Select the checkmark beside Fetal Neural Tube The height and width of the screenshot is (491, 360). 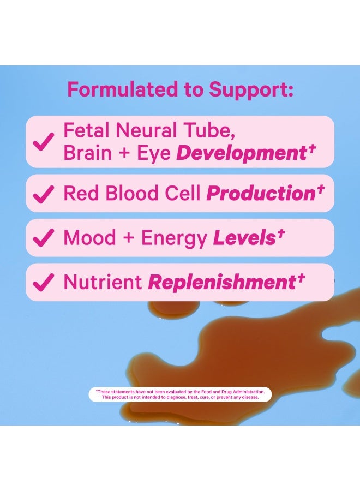(43, 142)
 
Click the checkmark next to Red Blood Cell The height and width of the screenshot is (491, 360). (43, 194)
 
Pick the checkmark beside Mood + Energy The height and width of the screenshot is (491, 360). (43, 238)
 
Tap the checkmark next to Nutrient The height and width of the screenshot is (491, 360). (43, 282)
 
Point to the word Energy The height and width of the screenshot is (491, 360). (173, 238)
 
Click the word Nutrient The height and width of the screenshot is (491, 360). (102, 282)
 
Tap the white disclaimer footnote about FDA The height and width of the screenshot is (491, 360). (180, 394)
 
